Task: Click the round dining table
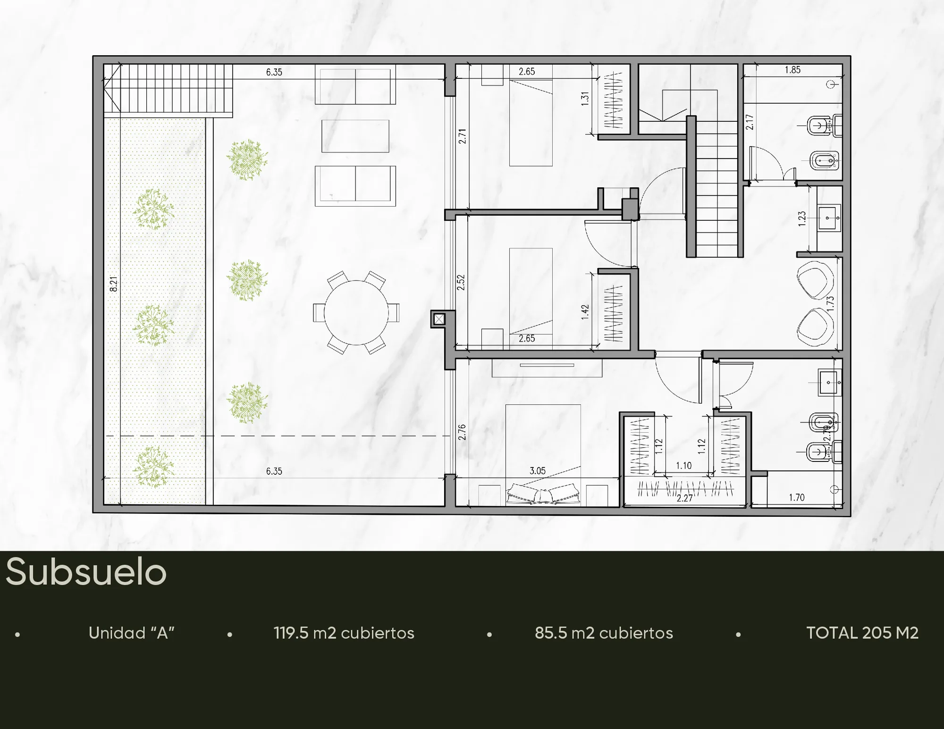point(356,312)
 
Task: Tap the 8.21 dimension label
point(114,284)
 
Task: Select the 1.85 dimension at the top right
point(792,70)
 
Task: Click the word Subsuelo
point(86,572)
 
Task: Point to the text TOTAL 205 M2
point(862,633)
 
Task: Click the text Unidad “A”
point(132,633)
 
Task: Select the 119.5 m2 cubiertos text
point(344,633)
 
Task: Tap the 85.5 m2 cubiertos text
point(604,633)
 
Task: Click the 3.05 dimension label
point(538,470)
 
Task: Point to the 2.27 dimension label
point(684,498)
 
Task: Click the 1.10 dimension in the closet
point(683,466)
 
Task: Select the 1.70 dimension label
point(797,497)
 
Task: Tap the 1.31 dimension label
point(585,99)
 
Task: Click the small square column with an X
point(439,319)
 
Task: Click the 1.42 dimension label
point(585,312)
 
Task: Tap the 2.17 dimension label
point(750,122)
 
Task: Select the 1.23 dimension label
point(802,219)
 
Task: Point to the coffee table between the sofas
point(355,136)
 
